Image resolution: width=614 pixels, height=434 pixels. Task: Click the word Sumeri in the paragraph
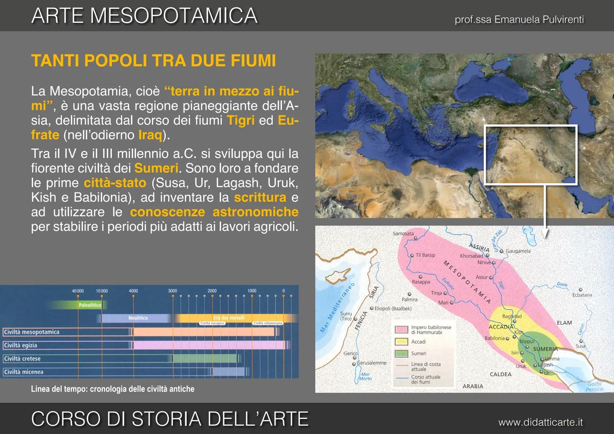coord(156,168)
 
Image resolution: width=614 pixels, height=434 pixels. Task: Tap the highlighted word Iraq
coord(150,135)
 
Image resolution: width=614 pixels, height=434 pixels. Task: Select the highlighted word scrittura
coord(260,197)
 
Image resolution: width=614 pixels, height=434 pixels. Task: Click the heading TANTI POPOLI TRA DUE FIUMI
coord(154,61)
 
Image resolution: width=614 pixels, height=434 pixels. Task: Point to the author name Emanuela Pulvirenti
coord(539,19)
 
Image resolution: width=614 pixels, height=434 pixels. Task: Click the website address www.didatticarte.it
coord(540,422)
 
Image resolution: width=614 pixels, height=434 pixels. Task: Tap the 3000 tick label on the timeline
coord(172,291)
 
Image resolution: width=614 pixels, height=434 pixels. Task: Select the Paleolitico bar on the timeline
coord(90,305)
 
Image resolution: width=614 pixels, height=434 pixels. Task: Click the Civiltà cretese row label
coord(23,358)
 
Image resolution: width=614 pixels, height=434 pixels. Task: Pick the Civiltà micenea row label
coord(24,372)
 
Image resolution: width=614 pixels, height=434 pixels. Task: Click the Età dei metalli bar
coord(228,318)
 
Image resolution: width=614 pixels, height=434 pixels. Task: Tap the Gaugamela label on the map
coord(518,251)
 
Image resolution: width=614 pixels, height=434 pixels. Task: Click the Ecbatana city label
coord(582,295)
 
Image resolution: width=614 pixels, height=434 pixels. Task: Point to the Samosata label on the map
coord(403,233)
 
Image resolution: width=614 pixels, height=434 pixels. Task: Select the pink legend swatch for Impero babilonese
coord(401,330)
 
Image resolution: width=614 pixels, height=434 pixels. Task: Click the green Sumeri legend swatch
coord(401,354)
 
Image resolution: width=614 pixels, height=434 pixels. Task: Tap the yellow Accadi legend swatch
coord(401,342)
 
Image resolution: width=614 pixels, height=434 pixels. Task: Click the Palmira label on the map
coord(409,299)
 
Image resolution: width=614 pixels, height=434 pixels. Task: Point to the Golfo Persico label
coord(594,386)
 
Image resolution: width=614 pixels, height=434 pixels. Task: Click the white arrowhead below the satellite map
coord(545,234)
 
